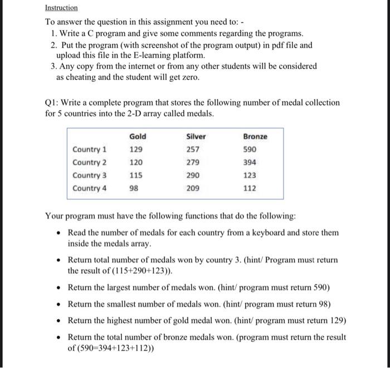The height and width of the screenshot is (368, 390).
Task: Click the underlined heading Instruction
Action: (x=61, y=8)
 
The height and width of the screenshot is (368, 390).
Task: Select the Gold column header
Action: (x=138, y=136)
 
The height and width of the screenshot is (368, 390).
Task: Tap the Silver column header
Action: (x=196, y=136)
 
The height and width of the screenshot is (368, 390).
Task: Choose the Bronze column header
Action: (x=255, y=136)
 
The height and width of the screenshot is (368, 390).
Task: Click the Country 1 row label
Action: (x=89, y=150)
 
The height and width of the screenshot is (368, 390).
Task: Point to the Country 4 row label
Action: (x=89, y=188)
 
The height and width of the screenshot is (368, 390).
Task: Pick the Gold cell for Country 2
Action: (x=135, y=163)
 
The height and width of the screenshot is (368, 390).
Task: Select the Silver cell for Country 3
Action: (x=193, y=175)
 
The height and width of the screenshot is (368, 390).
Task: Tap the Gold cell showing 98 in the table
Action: (x=134, y=188)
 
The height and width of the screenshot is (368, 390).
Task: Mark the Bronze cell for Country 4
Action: (x=250, y=188)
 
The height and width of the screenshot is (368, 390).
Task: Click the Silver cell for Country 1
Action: (x=193, y=150)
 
